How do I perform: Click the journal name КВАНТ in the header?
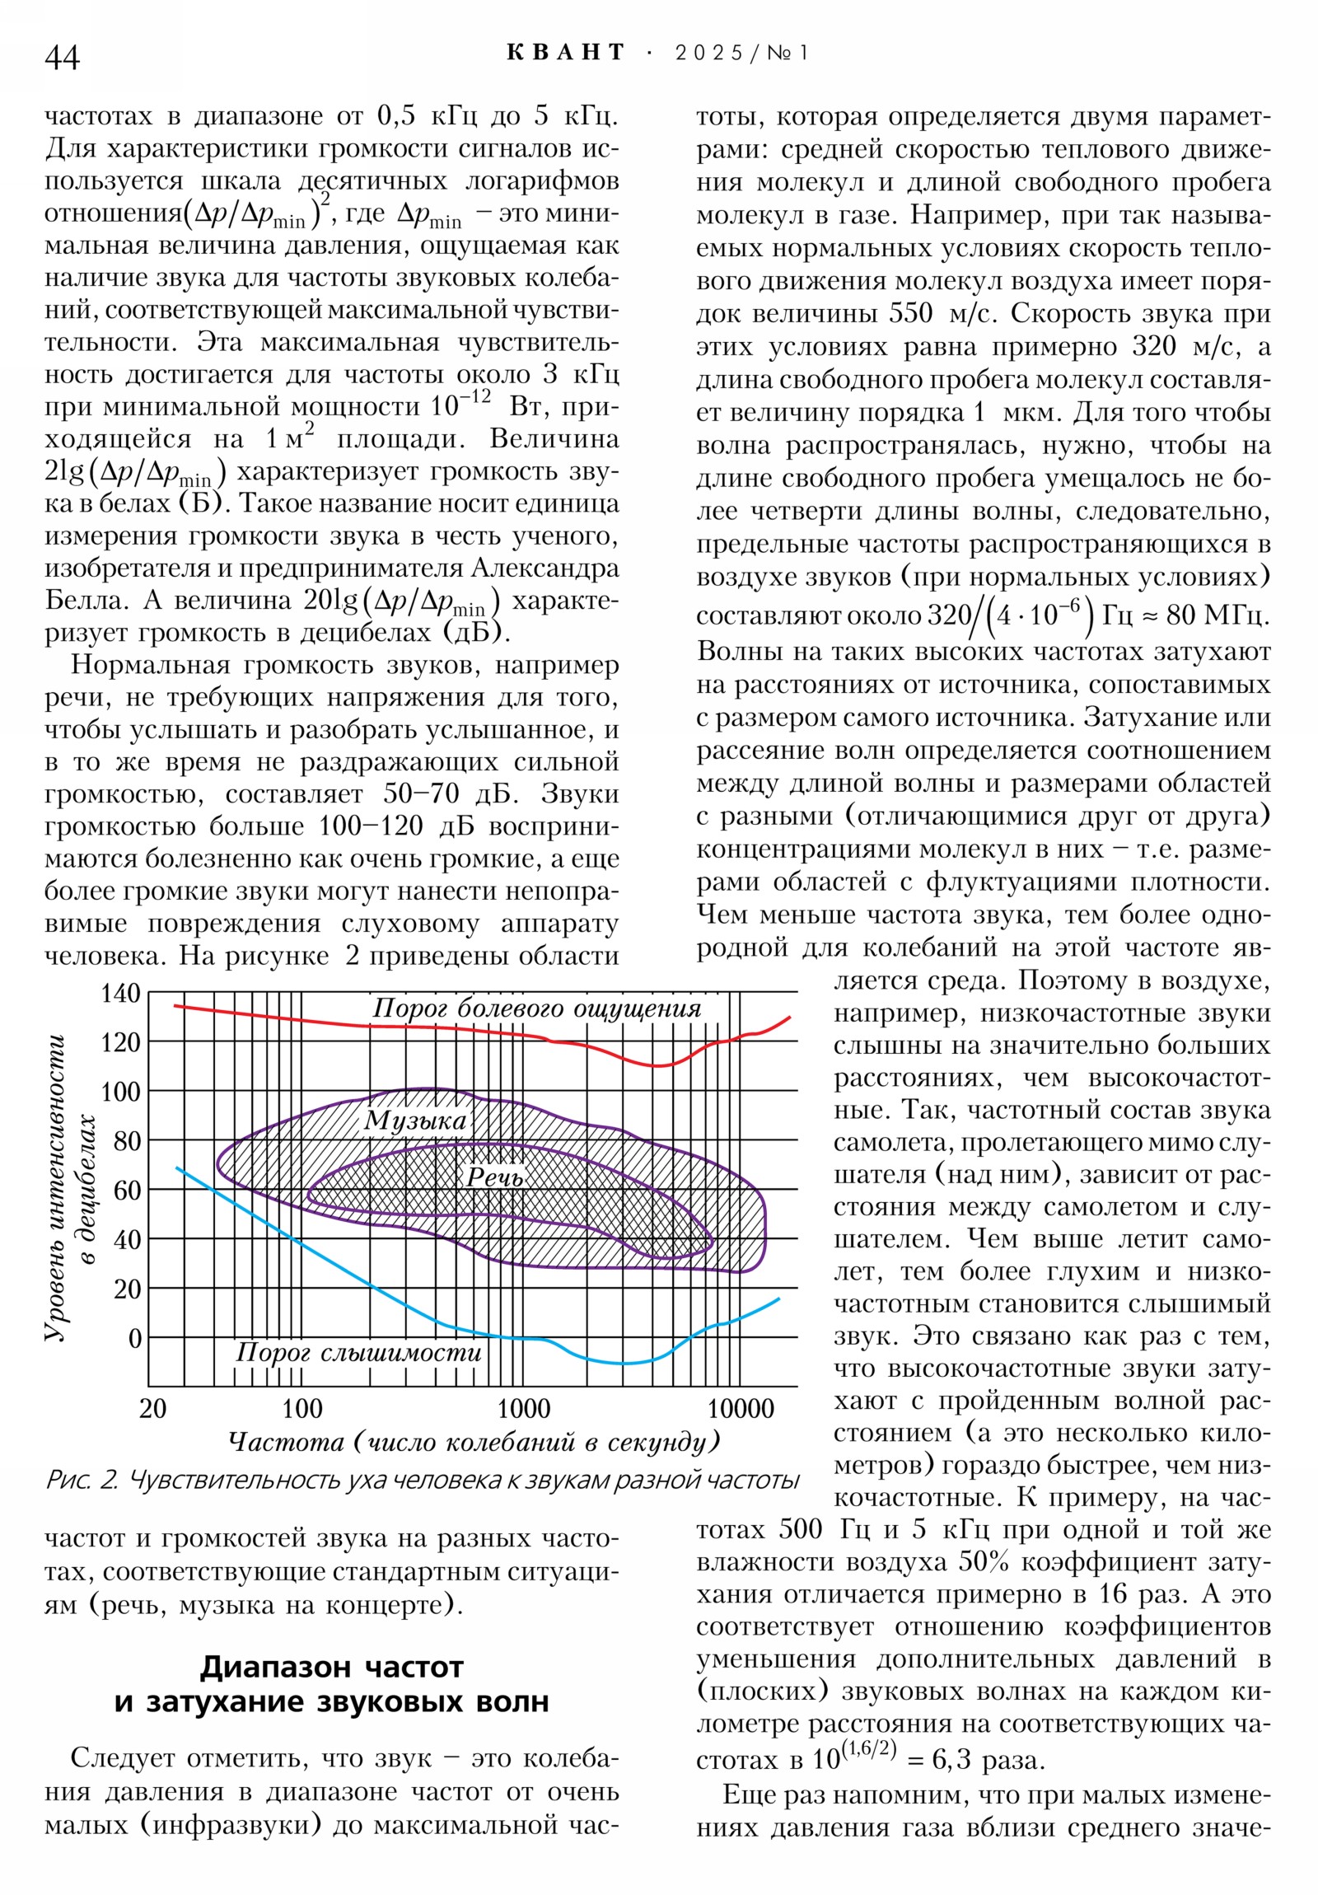point(565,53)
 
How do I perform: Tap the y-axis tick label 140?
point(120,993)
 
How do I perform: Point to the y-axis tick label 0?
point(134,1338)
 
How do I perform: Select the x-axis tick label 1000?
point(523,1408)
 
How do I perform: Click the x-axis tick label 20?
point(152,1408)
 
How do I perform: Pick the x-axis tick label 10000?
point(741,1408)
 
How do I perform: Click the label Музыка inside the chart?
point(415,1120)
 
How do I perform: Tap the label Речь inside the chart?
point(494,1177)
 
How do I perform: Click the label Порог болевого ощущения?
point(536,1008)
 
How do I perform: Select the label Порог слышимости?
point(358,1352)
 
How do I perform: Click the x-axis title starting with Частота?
point(474,1442)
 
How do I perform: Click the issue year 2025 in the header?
point(709,53)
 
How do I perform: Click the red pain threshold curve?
point(330,1024)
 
